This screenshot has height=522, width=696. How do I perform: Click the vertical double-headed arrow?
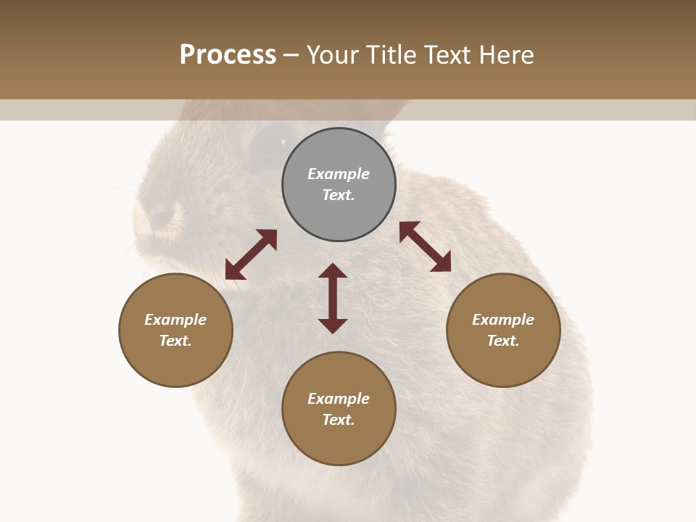click(x=333, y=299)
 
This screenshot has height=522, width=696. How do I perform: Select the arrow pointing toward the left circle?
click(x=251, y=254)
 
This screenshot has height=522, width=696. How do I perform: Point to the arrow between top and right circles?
click(x=426, y=246)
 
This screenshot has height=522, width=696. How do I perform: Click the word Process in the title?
click(x=228, y=55)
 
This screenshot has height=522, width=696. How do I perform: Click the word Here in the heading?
click(x=507, y=55)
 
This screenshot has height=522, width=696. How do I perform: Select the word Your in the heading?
click(x=333, y=55)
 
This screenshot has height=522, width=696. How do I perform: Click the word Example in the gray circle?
click(x=339, y=174)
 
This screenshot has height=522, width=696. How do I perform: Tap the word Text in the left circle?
click(x=175, y=341)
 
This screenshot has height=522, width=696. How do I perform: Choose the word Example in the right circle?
click(x=503, y=320)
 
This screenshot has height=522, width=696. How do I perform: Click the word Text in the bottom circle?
click(x=338, y=420)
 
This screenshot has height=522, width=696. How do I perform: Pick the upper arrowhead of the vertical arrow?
click(x=333, y=271)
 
